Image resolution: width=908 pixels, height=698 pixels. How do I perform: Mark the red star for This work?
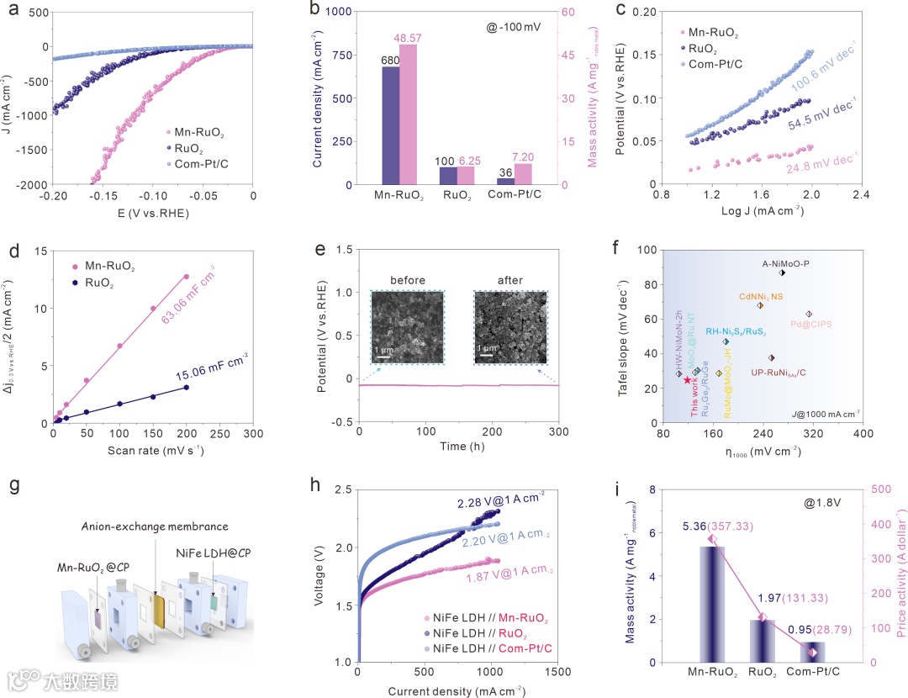[x=688, y=380]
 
